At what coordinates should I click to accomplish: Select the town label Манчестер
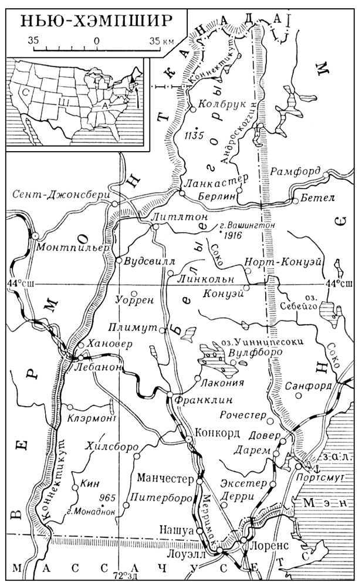click(165, 479)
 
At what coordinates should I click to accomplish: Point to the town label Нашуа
click(176, 529)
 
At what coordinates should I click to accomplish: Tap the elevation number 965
click(107, 498)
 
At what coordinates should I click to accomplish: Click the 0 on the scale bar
click(96, 41)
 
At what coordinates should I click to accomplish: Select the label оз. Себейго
click(301, 301)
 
